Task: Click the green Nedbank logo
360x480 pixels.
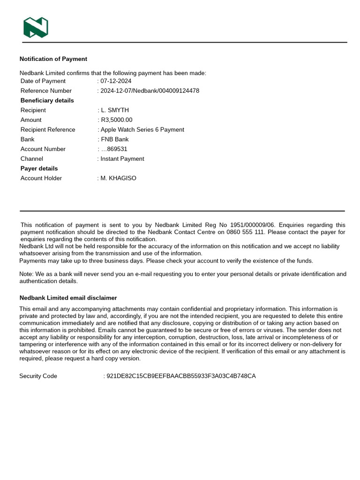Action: (36, 27)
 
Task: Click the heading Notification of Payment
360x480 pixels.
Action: (53, 59)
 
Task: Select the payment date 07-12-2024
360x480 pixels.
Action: (116, 81)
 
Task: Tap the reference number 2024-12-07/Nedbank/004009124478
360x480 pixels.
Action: (150, 91)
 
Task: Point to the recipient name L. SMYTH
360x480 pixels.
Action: (114, 110)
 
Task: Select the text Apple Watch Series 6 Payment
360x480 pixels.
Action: (142, 130)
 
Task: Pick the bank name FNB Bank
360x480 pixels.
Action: (114, 139)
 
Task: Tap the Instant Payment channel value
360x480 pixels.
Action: (122, 159)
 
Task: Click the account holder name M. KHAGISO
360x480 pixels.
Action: (118, 178)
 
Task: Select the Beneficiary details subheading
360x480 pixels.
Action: (47, 101)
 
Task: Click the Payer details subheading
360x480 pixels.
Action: (39, 168)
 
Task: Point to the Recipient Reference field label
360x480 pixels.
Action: (47, 130)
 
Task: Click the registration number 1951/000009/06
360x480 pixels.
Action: (253, 225)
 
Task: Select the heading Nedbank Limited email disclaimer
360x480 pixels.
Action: (68, 298)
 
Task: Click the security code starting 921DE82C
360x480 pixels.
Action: (181, 376)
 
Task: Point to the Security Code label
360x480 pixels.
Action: (38, 376)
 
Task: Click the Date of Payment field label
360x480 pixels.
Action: (43, 81)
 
